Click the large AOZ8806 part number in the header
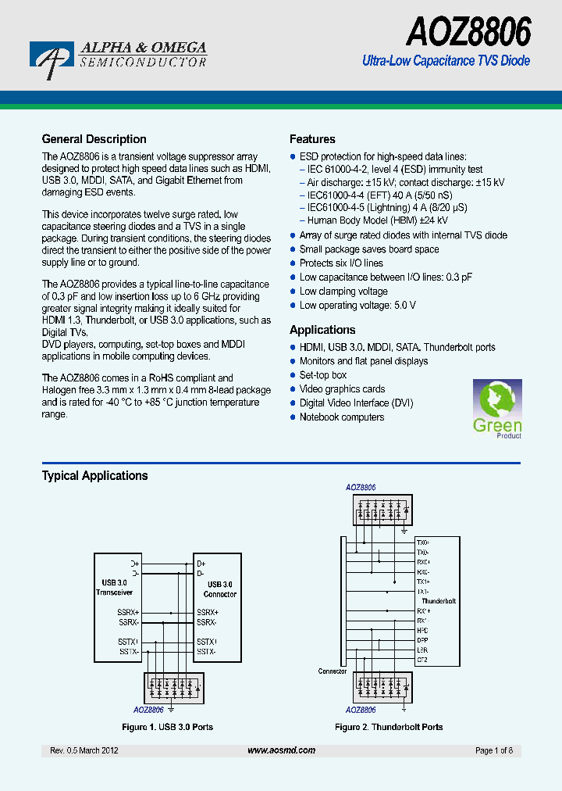tap(468, 33)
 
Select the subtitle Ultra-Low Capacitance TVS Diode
tap(446, 61)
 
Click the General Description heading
tap(94, 139)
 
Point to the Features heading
tap(312, 139)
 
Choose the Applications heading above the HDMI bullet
tap(322, 330)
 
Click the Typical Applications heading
tap(94, 475)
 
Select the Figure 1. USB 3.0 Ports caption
tap(168, 727)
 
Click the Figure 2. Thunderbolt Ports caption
tap(389, 727)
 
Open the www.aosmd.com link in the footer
tap(281, 750)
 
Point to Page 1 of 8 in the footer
tap(494, 750)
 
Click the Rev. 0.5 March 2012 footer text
tap(84, 750)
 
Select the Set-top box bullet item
tap(323, 375)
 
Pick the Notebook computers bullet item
tap(342, 417)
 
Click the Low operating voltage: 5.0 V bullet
tap(357, 306)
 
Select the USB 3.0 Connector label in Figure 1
tap(222, 589)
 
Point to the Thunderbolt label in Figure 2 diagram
tap(438, 601)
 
